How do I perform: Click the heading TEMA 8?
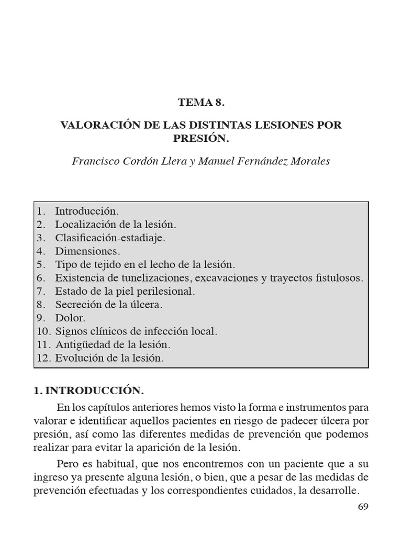coord(201,103)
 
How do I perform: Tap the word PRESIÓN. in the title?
coord(201,139)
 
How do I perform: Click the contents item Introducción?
coord(87,211)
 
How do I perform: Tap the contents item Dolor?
coord(70,318)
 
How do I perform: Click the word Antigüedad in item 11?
coord(81,345)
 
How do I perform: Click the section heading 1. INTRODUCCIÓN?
coord(87,390)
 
